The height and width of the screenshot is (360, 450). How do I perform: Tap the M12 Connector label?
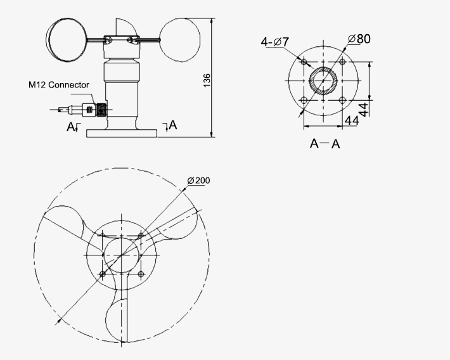click(x=59, y=84)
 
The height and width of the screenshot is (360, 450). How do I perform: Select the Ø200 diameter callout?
click(x=198, y=181)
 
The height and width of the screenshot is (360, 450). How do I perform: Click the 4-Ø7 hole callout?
click(x=275, y=42)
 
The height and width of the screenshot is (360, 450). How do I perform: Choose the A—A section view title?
click(x=325, y=144)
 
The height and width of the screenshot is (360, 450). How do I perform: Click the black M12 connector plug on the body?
click(x=100, y=109)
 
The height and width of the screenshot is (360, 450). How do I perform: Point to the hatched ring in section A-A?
click(x=312, y=80)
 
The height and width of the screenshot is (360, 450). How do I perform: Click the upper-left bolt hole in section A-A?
click(x=305, y=61)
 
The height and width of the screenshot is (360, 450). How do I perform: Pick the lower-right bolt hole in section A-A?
click(x=342, y=100)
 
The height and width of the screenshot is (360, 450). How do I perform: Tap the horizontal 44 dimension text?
click(x=352, y=120)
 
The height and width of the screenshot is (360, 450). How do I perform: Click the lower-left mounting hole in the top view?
click(x=102, y=274)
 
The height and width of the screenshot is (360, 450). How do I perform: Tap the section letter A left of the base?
click(x=71, y=127)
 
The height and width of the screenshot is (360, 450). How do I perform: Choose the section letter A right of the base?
click(x=172, y=125)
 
